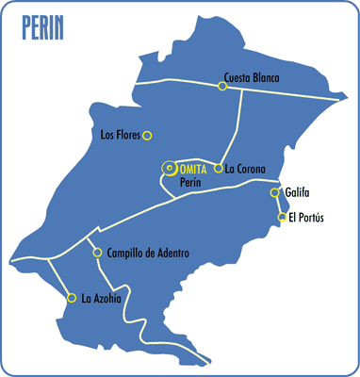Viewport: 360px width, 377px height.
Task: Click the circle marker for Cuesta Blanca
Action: click(222, 87)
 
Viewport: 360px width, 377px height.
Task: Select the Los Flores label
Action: click(120, 135)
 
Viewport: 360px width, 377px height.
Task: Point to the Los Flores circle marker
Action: click(147, 135)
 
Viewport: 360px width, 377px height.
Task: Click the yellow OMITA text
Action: click(193, 168)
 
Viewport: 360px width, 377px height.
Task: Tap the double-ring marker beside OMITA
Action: click(170, 168)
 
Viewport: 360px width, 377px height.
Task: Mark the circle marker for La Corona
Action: click(219, 169)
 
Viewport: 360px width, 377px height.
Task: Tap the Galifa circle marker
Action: click(275, 193)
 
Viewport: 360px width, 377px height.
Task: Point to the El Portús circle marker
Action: click(282, 218)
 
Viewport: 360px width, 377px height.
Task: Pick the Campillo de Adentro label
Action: click(149, 253)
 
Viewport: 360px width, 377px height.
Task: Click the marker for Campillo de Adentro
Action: click(97, 252)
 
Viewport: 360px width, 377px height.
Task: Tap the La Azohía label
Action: click(101, 300)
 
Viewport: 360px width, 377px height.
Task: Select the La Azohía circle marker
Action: click(73, 298)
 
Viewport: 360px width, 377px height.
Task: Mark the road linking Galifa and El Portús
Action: click(279, 205)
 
